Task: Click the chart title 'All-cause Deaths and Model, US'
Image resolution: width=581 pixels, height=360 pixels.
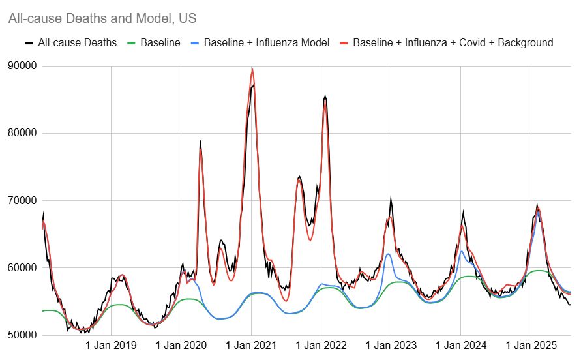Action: (x=102, y=19)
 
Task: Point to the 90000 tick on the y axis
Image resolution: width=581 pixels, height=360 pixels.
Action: (x=22, y=66)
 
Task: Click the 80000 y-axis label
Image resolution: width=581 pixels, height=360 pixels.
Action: (x=22, y=133)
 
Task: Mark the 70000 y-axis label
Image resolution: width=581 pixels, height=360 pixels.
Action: (x=22, y=200)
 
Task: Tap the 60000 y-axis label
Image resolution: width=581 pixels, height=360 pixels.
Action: (x=22, y=268)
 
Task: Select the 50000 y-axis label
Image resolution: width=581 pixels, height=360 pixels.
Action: (x=22, y=335)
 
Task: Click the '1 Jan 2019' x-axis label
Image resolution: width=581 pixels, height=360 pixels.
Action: (x=111, y=345)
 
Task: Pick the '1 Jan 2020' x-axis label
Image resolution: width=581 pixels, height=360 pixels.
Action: (x=181, y=345)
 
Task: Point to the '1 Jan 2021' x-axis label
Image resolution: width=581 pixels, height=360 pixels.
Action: (x=251, y=345)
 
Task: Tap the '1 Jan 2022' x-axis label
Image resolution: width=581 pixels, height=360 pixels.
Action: (x=321, y=345)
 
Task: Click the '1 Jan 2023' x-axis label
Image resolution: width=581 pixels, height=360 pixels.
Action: (x=391, y=345)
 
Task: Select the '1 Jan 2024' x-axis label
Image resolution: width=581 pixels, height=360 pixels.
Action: (x=460, y=345)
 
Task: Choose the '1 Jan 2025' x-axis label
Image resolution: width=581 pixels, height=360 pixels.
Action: (x=531, y=345)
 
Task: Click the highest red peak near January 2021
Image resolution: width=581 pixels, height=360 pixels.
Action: (x=252, y=70)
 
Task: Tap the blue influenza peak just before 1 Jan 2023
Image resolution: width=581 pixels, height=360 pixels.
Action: (x=388, y=254)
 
